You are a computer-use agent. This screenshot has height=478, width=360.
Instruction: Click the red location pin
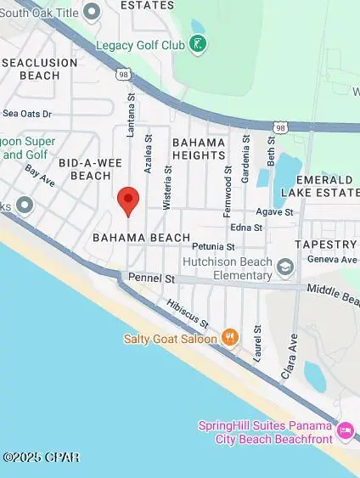(127, 201)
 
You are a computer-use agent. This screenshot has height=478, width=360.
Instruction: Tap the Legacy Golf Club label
(139, 45)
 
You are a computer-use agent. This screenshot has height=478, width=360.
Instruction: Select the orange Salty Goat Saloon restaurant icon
(228, 338)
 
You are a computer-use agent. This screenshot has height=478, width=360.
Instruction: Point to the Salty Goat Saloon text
(170, 338)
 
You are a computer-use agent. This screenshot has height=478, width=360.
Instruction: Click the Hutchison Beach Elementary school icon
(285, 268)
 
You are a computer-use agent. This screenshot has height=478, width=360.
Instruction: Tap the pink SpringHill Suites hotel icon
(345, 431)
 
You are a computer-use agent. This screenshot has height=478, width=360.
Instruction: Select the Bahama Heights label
(199, 149)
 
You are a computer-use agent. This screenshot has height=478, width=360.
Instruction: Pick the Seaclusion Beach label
(40, 69)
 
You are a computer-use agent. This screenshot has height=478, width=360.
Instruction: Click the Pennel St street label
(151, 278)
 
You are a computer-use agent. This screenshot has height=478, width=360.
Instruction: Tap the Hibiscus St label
(188, 312)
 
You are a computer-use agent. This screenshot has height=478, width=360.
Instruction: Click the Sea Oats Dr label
(27, 113)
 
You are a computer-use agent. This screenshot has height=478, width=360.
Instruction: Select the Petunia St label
(206, 246)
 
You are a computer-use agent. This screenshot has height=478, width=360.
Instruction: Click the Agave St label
(275, 212)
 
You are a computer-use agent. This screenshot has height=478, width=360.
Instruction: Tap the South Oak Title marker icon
(90, 9)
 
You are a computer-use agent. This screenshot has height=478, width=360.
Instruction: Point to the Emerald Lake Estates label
(323, 186)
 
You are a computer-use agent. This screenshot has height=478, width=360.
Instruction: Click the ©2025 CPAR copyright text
(41, 458)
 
